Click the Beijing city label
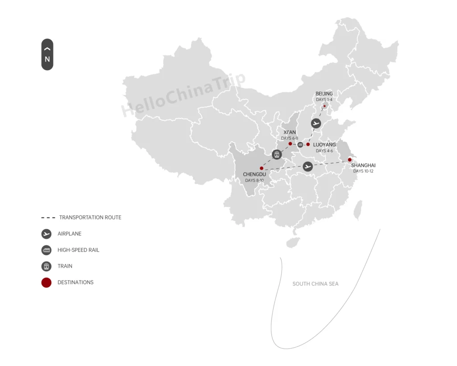(324, 94)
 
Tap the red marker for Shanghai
(350, 160)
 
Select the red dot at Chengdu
(262, 168)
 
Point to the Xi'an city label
(290, 132)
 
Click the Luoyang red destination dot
(308, 144)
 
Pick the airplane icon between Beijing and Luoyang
(316, 123)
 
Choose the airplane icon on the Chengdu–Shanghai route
(307, 167)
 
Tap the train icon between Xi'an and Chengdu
(277, 155)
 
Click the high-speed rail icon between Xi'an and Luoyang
(300, 144)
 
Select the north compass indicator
(47, 55)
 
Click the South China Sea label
(315, 284)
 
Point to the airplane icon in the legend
(46, 234)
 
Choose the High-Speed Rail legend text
(78, 250)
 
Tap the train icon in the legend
(46, 266)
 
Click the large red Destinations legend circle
(46, 282)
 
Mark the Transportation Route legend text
(90, 218)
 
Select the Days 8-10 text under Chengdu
(254, 181)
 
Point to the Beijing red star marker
(324, 106)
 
